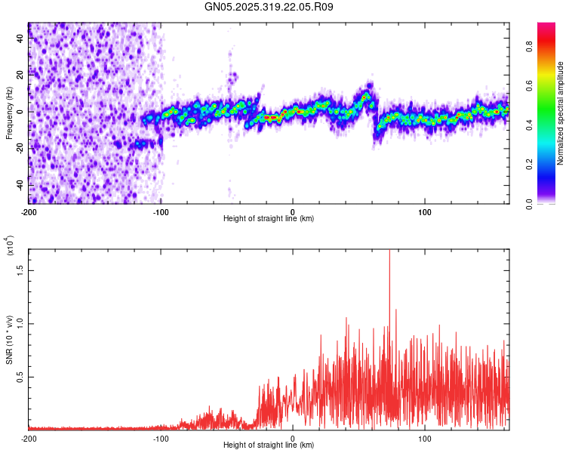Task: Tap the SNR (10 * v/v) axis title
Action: [x=9, y=340]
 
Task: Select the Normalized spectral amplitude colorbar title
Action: [x=561, y=113]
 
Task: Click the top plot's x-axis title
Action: [x=269, y=218]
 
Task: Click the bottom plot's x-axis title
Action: [x=269, y=445]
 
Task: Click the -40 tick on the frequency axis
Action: [x=19, y=185]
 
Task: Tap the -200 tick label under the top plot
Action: [x=29, y=211]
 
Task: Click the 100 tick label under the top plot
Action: [x=425, y=211]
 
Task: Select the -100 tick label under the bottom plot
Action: [x=161, y=438]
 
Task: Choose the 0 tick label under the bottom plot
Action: [x=293, y=438]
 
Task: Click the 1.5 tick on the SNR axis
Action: [x=20, y=270]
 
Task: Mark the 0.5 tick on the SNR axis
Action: [x=20, y=377]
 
